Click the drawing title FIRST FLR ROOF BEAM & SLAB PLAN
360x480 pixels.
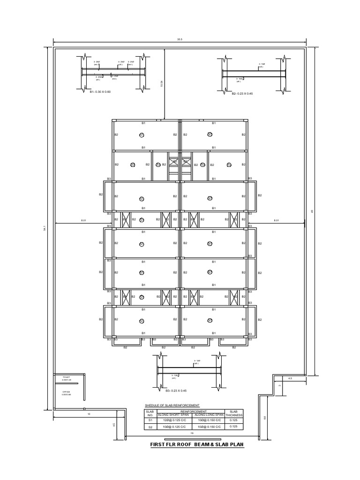pos(197,444)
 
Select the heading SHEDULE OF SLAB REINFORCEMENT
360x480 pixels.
pos(172,405)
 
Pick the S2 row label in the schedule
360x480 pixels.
pos(150,427)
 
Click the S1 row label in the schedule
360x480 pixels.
pos(150,420)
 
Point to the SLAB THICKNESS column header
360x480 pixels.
pos(234,413)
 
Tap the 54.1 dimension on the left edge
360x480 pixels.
pos(45,228)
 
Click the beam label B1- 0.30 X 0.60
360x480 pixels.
pos(100,92)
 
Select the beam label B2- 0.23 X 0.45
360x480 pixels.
pos(242,94)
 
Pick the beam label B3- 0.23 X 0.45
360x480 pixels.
pos(176,390)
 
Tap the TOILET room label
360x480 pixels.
pos(66,377)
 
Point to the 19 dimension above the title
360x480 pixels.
pos(192,434)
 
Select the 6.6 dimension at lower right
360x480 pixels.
pos(265,417)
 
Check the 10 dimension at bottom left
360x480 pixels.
pos(89,414)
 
